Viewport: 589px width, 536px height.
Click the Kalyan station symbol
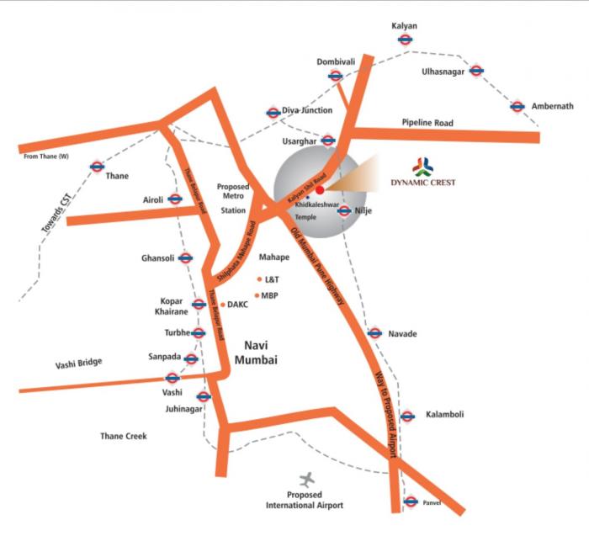[x=405, y=39]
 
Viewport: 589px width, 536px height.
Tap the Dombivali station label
[x=336, y=61]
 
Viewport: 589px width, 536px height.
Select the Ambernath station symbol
[x=517, y=107]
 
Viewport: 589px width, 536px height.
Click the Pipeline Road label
[x=427, y=123]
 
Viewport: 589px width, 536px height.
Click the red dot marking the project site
[x=320, y=189]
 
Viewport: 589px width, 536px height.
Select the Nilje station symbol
[x=344, y=210]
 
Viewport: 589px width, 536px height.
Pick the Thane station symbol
[x=97, y=166]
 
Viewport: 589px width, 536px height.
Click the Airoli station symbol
[x=175, y=199]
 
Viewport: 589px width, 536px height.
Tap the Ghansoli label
[x=157, y=258]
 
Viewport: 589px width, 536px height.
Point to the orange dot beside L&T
[x=259, y=279]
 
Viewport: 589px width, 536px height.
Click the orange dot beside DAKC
[x=222, y=305]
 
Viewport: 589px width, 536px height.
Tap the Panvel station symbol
[x=410, y=502]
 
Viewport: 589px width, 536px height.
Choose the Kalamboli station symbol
[x=407, y=416]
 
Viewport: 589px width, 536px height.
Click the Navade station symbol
[x=374, y=334]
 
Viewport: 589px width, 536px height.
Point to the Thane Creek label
[x=124, y=436]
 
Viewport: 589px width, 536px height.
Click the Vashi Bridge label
[x=78, y=363]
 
